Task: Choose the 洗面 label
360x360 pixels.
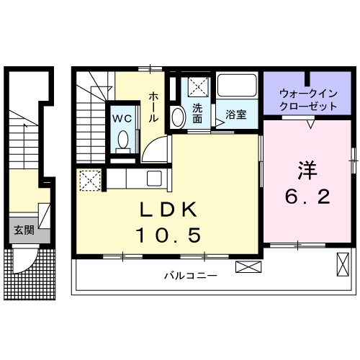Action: coord(197,114)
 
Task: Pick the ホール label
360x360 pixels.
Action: coord(154,107)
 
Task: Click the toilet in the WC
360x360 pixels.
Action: coord(122,140)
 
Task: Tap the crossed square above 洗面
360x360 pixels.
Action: coord(197,88)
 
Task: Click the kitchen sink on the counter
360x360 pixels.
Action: coord(154,178)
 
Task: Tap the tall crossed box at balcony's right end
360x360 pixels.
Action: coord(342,266)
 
